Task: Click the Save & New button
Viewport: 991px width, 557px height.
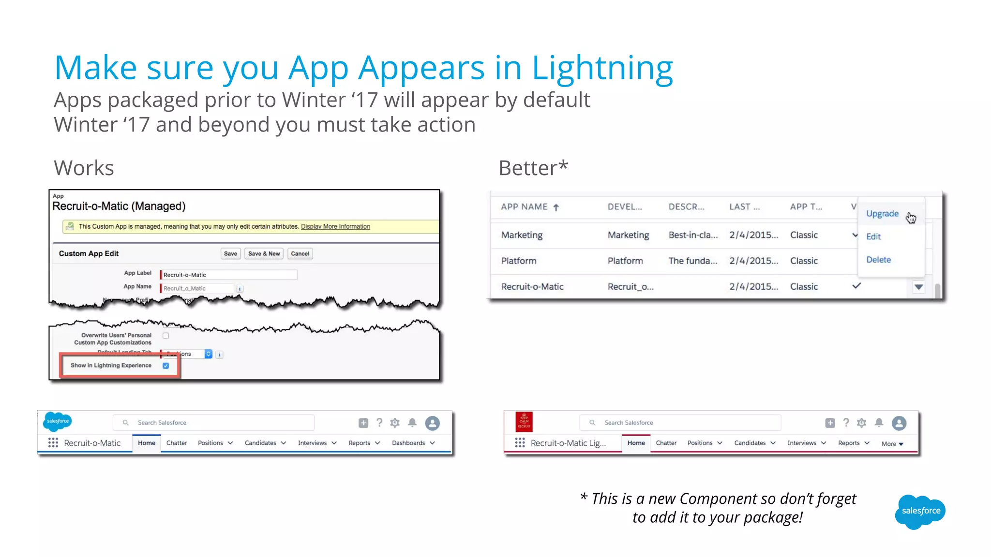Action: (x=264, y=253)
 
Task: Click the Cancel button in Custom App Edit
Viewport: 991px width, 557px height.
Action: (x=300, y=253)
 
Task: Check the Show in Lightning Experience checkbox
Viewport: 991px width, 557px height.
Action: (x=166, y=366)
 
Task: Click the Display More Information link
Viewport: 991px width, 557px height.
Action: (x=335, y=226)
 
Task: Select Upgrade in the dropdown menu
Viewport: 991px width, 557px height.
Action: (x=882, y=214)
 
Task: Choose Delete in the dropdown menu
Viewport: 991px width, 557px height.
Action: (x=878, y=260)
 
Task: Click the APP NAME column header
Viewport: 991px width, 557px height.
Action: (x=524, y=207)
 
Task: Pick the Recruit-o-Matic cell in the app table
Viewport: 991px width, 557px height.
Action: (x=532, y=287)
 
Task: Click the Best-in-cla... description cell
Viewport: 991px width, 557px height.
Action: (x=693, y=235)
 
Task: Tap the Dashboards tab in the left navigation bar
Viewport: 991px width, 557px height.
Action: (x=408, y=443)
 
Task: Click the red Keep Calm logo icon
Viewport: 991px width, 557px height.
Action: (x=524, y=422)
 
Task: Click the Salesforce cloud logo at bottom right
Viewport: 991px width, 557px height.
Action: (x=920, y=512)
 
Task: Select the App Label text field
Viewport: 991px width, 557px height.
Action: (x=228, y=275)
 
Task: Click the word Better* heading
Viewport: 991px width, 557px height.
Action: (x=533, y=168)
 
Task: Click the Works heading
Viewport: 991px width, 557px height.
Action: (x=84, y=168)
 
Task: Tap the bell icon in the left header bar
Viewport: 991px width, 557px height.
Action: (x=412, y=423)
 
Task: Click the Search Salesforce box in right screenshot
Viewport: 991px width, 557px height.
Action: (x=680, y=423)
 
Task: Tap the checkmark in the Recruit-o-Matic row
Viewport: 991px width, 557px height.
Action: (x=856, y=286)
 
